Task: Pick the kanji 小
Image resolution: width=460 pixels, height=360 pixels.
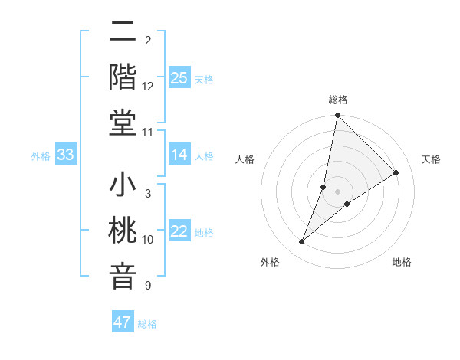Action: pyautogui.click(x=123, y=185)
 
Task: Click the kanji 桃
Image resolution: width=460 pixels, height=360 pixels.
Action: pyautogui.click(x=123, y=231)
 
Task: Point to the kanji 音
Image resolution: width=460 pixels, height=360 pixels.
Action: pyautogui.click(x=123, y=276)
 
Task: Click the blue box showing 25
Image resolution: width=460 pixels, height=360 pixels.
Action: pyautogui.click(x=179, y=77)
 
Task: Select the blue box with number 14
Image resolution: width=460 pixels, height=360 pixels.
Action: pyautogui.click(x=179, y=155)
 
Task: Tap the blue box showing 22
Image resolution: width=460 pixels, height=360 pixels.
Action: pyautogui.click(x=179, y=231)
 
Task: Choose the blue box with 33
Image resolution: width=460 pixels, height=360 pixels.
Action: pyautogui.click(x=65, y=155)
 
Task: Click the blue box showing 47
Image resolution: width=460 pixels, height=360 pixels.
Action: pyautogui.click(x=123, y=322)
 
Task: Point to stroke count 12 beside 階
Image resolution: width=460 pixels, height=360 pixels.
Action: pyautogui.click(x=148, y=87)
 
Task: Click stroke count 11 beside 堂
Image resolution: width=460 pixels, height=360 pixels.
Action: pyautogui.click(x=148, y=133)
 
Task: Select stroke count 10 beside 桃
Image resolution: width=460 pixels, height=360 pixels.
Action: pyautogui.click(x=148, y=240)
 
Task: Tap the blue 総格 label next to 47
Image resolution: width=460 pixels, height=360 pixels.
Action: pyautogui.click(x=147, y=324)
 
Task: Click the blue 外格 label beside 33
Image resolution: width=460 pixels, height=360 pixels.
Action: pyautogui.click(x=41, y=156)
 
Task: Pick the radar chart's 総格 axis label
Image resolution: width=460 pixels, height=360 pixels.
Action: pyautogui.click(x=338, y=100)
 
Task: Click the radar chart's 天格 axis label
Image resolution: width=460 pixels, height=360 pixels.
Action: pyautogui.click(x=431, y=159)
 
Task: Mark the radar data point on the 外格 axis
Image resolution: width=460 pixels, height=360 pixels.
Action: pyautogui.click(x=302, y=242)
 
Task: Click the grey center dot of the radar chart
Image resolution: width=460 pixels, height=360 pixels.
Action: pyautogui.click(x=338, y=191)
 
